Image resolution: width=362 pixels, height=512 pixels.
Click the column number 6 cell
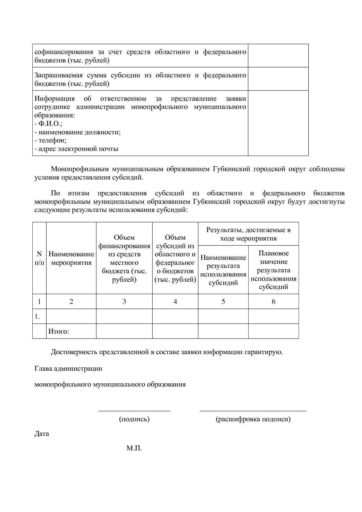pos(274,301)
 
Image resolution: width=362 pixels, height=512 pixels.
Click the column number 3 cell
pos(124,301)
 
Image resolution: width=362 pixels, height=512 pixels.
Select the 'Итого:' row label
pos(59,331)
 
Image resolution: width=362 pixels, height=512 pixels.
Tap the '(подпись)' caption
pos(134,419)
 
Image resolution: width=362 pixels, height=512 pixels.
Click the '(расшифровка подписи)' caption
pos(253,419)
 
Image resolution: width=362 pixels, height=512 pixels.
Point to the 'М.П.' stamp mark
pos(134,448)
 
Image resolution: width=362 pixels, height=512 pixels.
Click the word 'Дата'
pos(42,433)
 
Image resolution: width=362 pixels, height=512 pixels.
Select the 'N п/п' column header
pos(39,258)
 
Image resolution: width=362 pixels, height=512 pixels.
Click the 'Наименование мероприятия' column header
pos(71,258)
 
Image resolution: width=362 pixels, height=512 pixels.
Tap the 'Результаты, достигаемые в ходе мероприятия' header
pos(248,234)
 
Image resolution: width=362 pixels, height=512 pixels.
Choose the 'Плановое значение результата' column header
pos(274,270)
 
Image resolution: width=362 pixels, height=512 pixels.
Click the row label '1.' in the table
pos(37,316)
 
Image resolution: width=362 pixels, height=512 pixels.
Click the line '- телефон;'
pos(51,140)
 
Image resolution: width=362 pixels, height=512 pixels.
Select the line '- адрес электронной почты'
pos(76,149)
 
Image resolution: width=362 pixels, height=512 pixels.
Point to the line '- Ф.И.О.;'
pos(48,124)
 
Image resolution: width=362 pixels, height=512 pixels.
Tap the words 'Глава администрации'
pos(68,368)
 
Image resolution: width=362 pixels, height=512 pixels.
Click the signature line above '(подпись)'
pos(134,411)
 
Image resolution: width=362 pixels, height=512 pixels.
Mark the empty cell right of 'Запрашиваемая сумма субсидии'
pos(278,79)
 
